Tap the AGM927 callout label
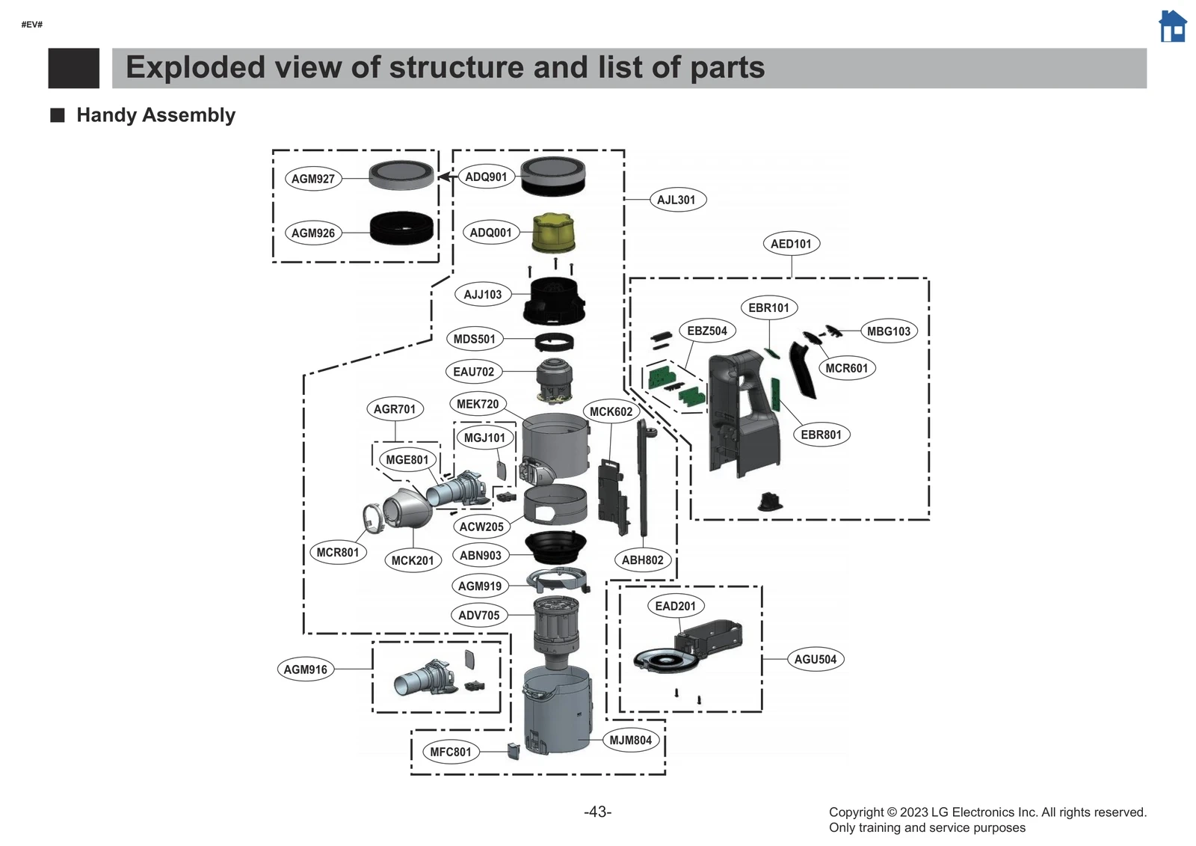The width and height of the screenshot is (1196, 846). coord(313,179)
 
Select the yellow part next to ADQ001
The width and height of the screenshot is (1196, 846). coord(552,233)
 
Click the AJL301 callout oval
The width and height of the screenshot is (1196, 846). coord(676,200)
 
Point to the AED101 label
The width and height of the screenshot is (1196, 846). coord(791,244)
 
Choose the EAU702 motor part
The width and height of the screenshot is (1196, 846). coord(555,378)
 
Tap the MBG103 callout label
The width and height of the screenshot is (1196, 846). coord(889,331)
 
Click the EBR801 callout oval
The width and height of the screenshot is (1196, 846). coord(821,435)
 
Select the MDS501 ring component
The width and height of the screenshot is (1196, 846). coord(555,343)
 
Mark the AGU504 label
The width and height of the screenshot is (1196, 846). coord(815,659)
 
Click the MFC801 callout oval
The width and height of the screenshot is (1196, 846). coord(451,752)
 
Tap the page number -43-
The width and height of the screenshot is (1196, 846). coord(597,812)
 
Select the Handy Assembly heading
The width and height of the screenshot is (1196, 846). coord(155,115)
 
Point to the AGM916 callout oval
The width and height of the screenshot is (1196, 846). coord(305,669)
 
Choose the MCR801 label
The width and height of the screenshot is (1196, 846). coord(337,553)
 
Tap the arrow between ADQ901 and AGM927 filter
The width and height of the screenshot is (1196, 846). coord(446,177)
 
